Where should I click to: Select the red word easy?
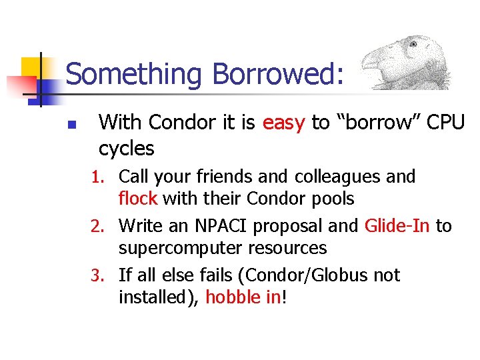[284, 123]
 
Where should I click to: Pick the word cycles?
[126, 148]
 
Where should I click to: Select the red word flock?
[138, 199]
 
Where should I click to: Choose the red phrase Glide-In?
[397, 226]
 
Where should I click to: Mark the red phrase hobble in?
[243, 297]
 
